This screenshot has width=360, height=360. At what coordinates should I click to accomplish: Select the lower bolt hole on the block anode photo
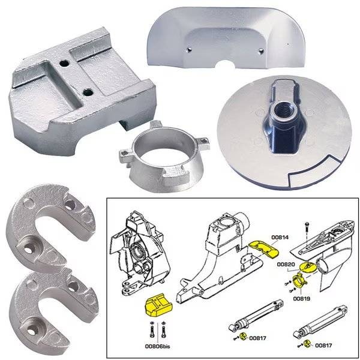tap(88, 92)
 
